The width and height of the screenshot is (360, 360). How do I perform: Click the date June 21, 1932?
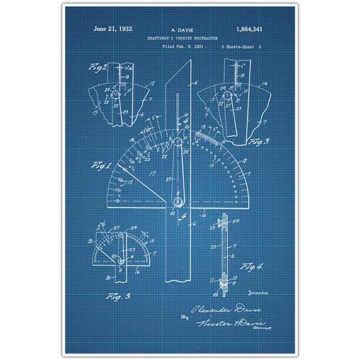[113, 29]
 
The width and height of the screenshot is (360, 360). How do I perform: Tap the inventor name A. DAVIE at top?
[180, 29]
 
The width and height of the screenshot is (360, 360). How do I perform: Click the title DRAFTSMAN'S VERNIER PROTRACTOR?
[180, 38]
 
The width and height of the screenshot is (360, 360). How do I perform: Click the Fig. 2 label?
[98, 68]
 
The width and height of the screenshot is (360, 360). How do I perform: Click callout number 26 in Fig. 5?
[109, 277]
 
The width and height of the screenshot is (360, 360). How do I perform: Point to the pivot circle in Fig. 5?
[121, 262]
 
